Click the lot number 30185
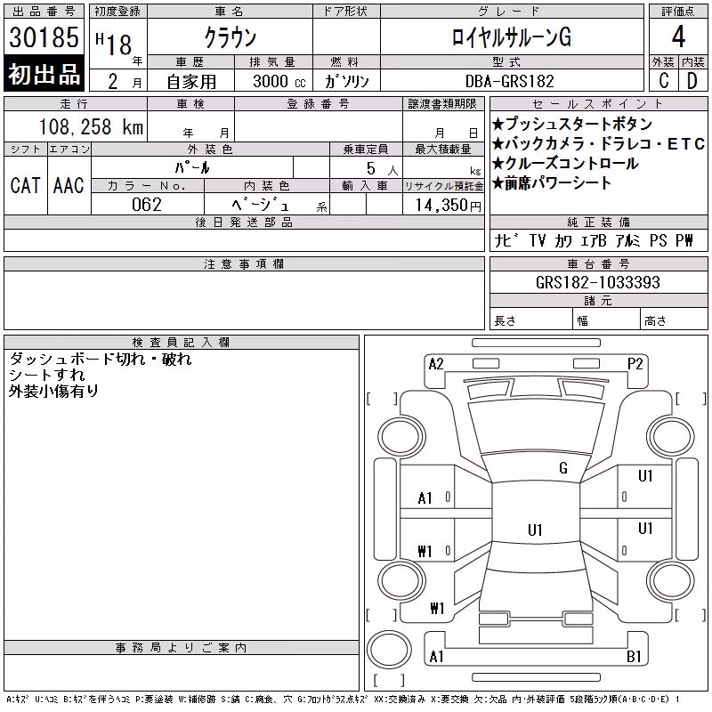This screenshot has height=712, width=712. pyautogui.click(x=44, y=37)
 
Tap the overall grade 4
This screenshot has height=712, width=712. pyautogui.click(x=678, y=36)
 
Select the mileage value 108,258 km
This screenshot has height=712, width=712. pyautogui.click(x=91, y=126)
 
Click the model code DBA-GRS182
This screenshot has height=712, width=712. pyautogui.click(x=510, y=81)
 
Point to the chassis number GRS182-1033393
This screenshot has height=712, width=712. pyautogui.click(x=597, y=282)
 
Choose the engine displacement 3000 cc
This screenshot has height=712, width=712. pyautogui.click(x=279, y=81)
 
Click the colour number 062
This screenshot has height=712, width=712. pyautogui.click(x=147, y=205)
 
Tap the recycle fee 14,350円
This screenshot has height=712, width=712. pyautogui.click(x=449, y=206)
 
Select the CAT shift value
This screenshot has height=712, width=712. pyautogui.click(x=26, y=185)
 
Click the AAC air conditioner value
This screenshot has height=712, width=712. pyautogui.click(x=69, y=185)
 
